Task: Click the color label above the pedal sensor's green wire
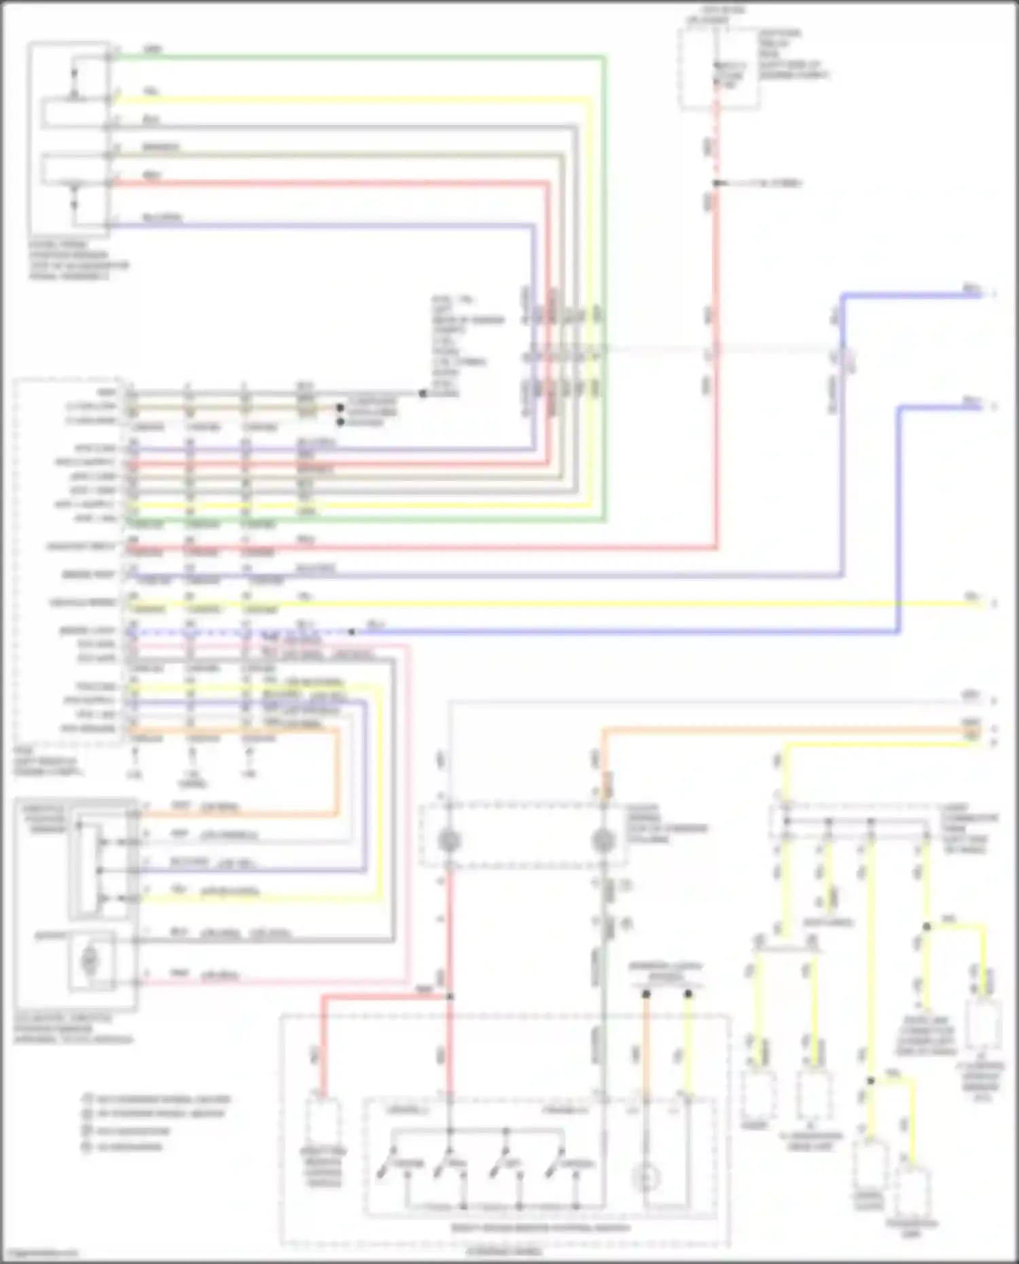pyautogui.click(x=153, y=50)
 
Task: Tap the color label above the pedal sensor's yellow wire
pyautogui.click(x=151, y=91)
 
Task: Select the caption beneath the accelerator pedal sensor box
pyautogui.click(x=78, y=260)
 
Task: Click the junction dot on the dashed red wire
pyautogui.click(x=716, y=183)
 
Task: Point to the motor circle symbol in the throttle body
pyautogui.click(x=89, y=960)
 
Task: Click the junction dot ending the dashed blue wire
pyautogui.click(x=351, y=632)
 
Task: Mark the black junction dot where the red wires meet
pyautogui.click(x=449, y=996)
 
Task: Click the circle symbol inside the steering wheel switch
pyautogui.click(x=646, y=1177)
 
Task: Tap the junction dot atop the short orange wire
pyautogui.click(x=646, y=994)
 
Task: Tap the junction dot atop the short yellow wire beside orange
pyautogui.click(x=688, y=994)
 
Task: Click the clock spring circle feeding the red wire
pyautogui.click(x=448, y=841)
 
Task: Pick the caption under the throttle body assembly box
pyautogui.click(x=73, y=1028)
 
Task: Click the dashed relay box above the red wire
pyautogui.click(x=700, y=68)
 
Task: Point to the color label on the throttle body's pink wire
pyautogui.click(x=179, y=974)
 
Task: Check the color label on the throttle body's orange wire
pyautogui.click(x=181, y=806)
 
